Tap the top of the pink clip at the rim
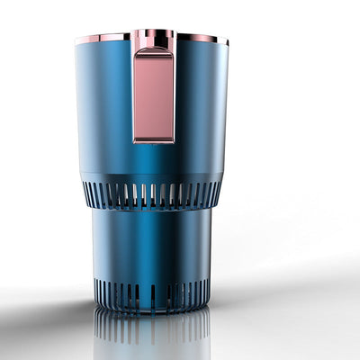(x=154, y=36)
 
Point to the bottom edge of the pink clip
(x=154, y=140)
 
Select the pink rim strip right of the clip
(x=200, y=38)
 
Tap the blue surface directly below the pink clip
(x=154, y=162)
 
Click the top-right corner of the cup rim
(x=228, y=40)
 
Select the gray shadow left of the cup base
(x=54, y=306)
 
